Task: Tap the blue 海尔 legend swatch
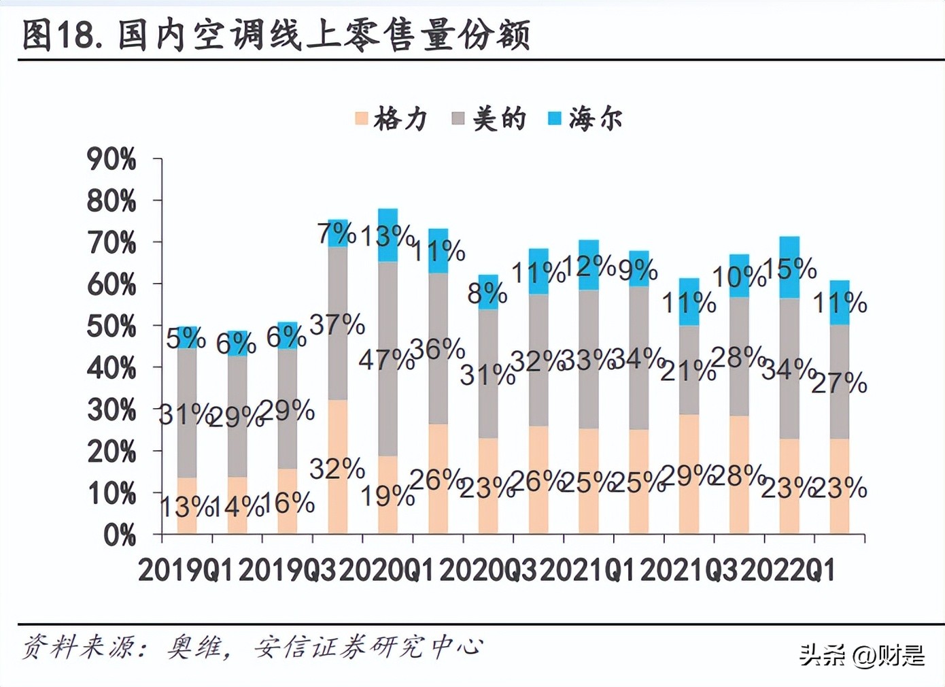point(555,118)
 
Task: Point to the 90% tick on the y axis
point(111,160)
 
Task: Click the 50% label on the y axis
point(111,327)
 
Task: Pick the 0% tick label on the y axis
point(120,536)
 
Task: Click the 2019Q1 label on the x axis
point(185,570)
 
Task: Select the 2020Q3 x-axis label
point(487,570)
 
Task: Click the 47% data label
point(386,359)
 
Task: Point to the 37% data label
point(337,325)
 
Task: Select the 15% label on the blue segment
point(789,269)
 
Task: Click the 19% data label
point(387,496)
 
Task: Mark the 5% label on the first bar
point(186,338)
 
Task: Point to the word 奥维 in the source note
point(195,647)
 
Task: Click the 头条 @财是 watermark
point(861,655)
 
